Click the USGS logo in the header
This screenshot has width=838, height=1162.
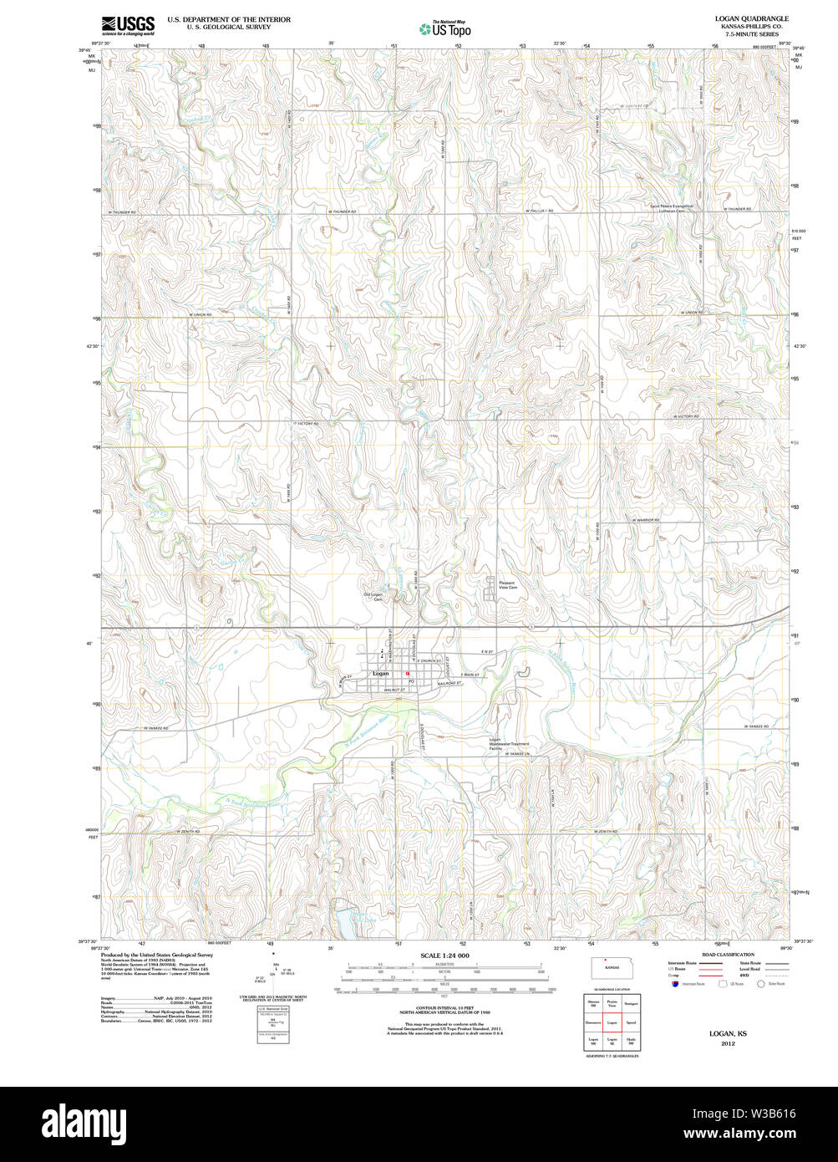click(x=128, y=24)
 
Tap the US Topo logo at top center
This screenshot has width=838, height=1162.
click(x=445, y=28)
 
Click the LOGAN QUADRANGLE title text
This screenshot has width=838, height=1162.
click(x=739, y=18)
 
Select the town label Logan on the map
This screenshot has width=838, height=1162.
click(x=380, y=674)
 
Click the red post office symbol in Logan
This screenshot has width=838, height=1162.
click(x=408, y=674)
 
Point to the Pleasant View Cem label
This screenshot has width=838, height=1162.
click(x=507, y=585)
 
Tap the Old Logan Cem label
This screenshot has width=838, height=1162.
click(x=372, y=597)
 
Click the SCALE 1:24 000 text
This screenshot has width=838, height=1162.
click(x=444, y=956)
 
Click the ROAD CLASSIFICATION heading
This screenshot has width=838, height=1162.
click(x=728, y=955)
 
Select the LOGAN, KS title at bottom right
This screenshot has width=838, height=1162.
click(x=728, y=1034)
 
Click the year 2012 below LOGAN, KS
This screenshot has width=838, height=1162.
click(x=728, y=1043)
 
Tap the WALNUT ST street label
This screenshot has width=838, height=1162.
click(x=394, y=690)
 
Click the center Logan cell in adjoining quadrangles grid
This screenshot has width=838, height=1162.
click(x=612, y=1022)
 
